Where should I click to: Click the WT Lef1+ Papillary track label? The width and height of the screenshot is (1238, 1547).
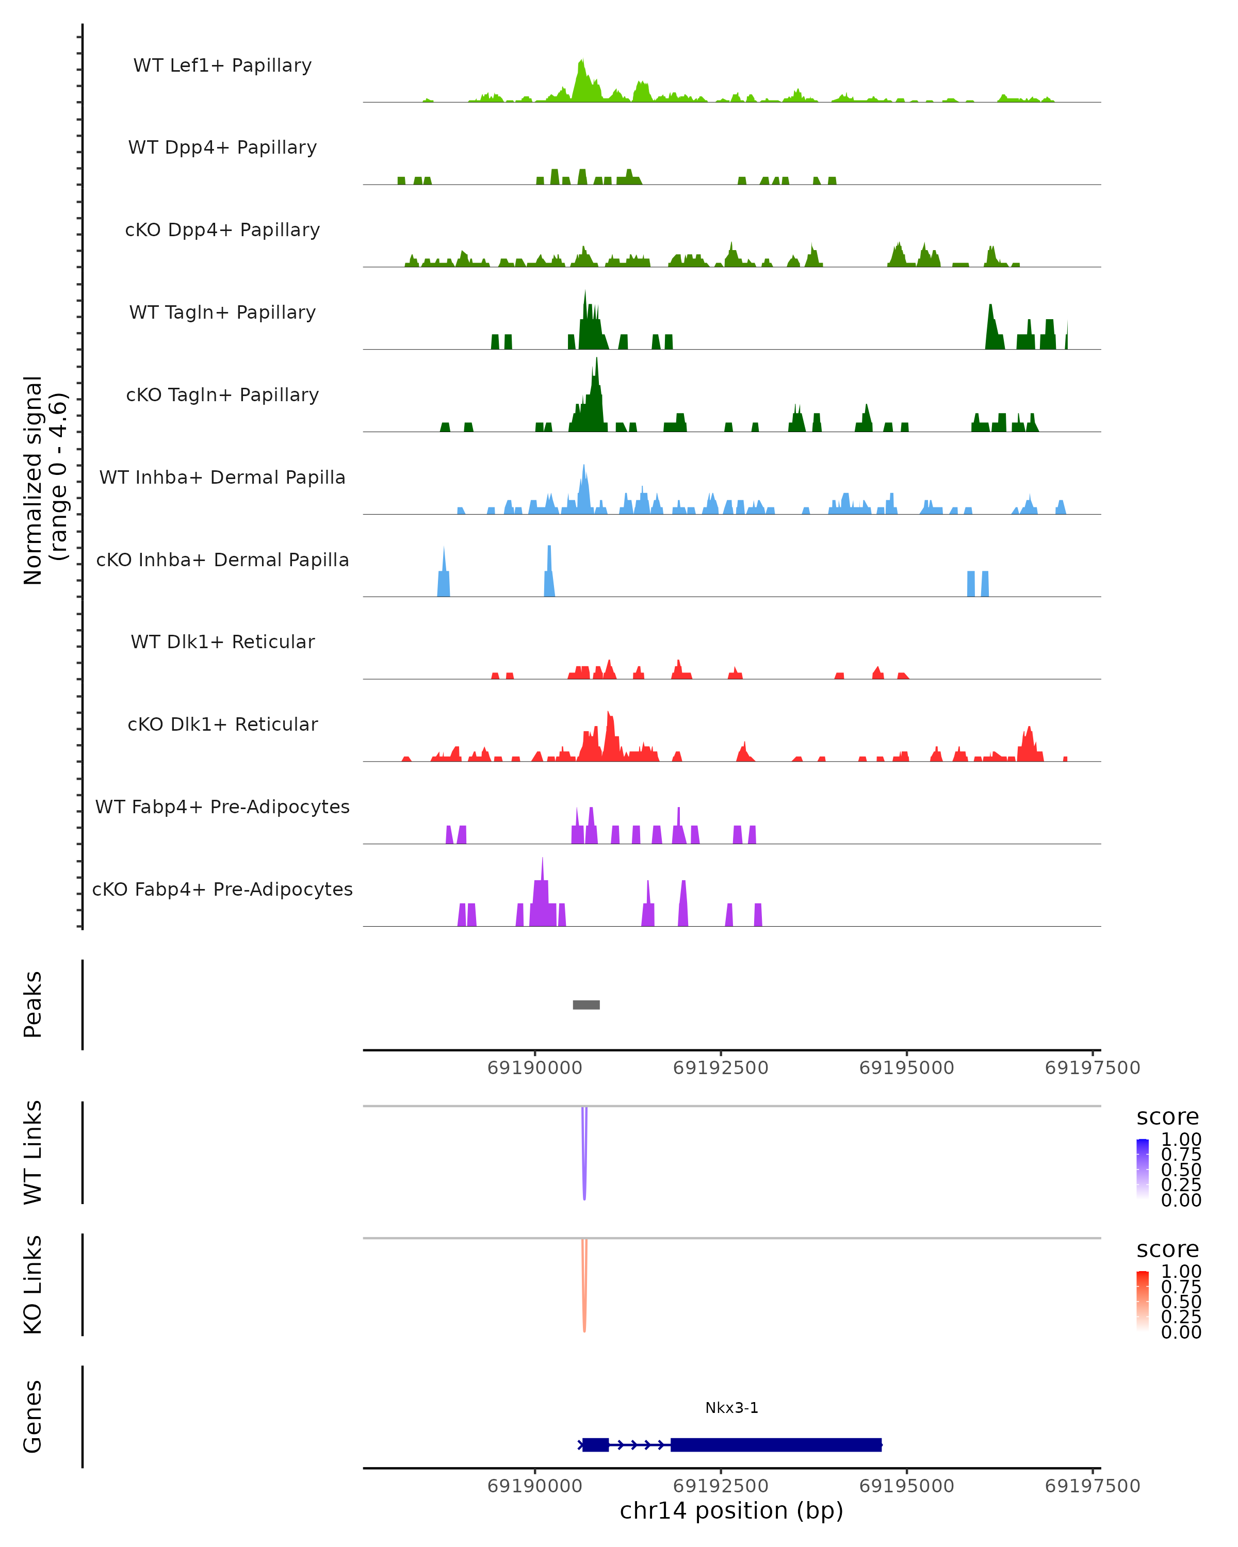tap(222, 65)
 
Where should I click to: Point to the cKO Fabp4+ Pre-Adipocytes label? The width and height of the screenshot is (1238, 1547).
tap(222, 889)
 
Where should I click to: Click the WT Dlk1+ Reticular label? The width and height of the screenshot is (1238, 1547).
tap(222, 641)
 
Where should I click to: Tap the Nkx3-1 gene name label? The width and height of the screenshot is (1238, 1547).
tap(731, 1408)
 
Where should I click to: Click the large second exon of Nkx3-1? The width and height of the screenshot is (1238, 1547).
tap(775, 1444)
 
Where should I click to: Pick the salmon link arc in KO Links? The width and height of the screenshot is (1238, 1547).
tap(584, 1292)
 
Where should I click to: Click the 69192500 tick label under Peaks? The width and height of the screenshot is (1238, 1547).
tap(721, 1068)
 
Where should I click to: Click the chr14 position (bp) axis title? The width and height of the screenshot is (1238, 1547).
tap(731, 1510)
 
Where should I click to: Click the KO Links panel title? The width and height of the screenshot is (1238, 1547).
tap(33, 1285)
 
